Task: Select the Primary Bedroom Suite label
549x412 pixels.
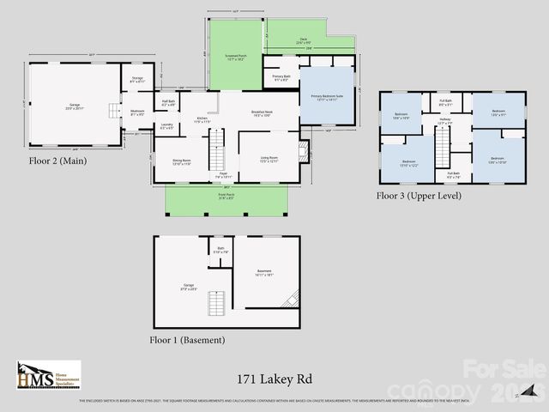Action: click(x=327, y=98)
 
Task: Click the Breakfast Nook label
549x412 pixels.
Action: click(x=262, y=113)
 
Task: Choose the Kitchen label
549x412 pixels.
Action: click(x=202, y=120)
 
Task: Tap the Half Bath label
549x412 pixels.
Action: click(x=168, y=103)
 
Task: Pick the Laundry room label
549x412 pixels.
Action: click(x=166, y=126)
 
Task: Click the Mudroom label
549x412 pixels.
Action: click(x=137, y=112)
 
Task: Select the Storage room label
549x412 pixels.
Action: click(x=137, y=80)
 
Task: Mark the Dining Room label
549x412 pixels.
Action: click(x=181, y=161)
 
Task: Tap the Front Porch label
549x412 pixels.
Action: click(x=226, y=196)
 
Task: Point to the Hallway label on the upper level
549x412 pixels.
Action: click(x=445, y=123)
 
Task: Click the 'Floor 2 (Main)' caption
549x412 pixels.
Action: click(x=57, y=161)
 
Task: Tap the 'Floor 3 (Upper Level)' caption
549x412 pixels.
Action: click(x=419, y=196)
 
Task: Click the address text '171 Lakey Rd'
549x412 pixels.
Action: click(x=274, y=377)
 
